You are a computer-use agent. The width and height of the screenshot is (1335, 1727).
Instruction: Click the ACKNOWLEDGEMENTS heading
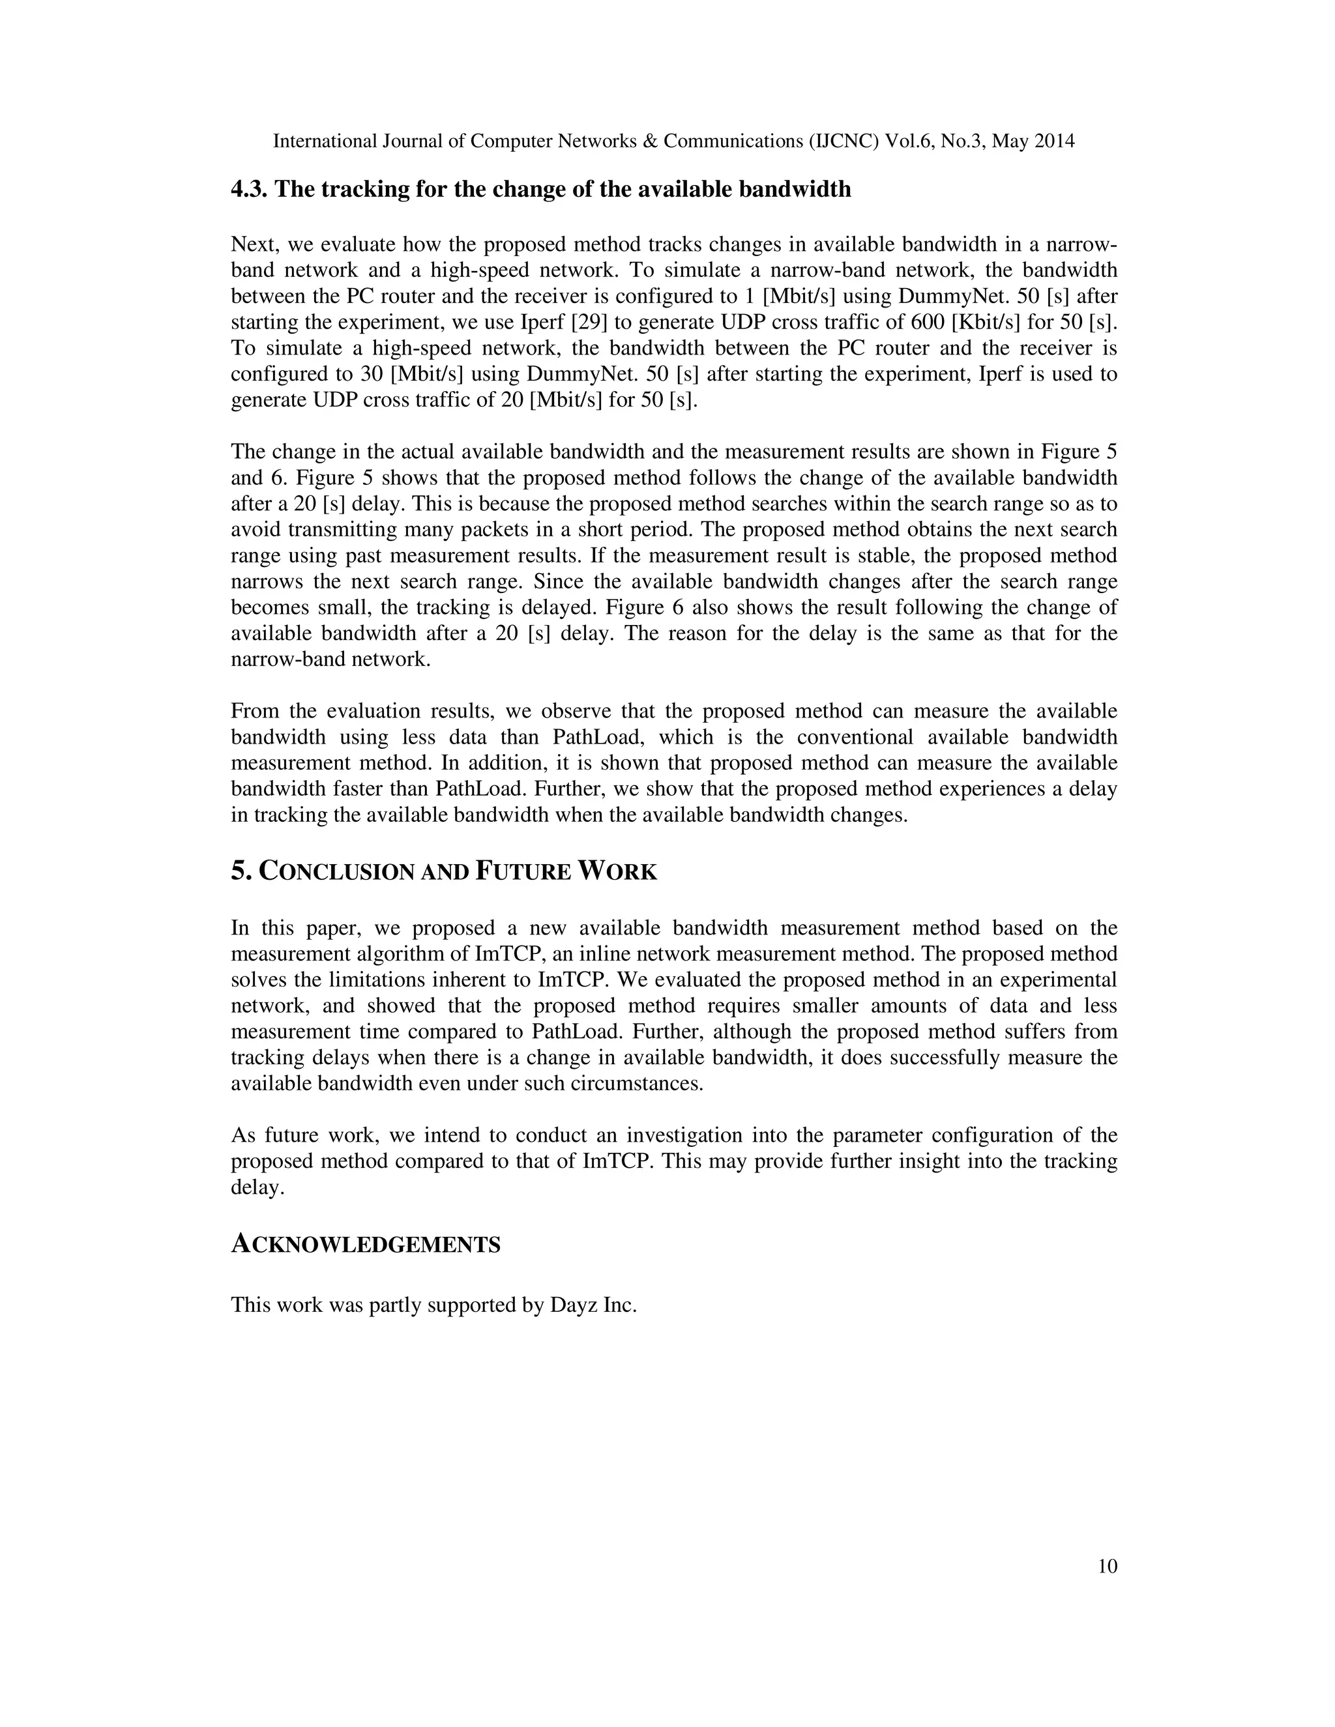coord(366,1245)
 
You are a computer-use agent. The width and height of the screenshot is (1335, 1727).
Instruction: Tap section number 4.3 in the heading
coord(249,190)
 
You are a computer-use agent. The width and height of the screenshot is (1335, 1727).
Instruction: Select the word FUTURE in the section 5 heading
coord(523,871)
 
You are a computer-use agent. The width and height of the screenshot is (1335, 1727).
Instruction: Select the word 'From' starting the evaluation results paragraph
coord(255,711)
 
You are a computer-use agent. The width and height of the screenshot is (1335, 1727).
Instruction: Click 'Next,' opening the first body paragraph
coord(256,244)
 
